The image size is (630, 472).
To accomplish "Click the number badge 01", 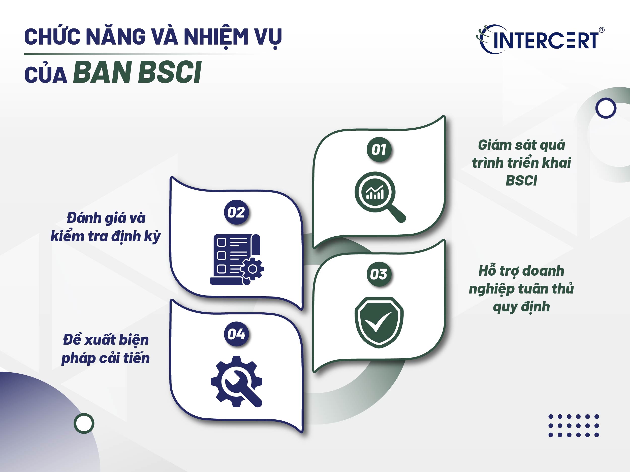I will pos(379,150).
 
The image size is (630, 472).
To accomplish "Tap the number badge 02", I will pos(236,212).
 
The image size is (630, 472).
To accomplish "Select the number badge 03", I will pos(379,274).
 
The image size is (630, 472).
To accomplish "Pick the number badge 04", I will pos(236,334).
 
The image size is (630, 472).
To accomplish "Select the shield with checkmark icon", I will pos(379,322).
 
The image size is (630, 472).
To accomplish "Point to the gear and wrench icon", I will pos(236,381).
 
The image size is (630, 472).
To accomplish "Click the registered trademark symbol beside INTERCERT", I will pos(602,30).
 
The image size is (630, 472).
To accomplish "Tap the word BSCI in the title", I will pos(170,72).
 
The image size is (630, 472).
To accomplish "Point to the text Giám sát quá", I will pos(521,145).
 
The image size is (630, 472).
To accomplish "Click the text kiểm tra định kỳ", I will pos(106,236).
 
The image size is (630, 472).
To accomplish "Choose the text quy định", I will pos(521,307).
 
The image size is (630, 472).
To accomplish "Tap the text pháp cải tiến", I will pos(106,358).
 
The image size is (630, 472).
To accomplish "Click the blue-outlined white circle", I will pos(606,108).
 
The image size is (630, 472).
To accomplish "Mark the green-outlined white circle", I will pos(84,423).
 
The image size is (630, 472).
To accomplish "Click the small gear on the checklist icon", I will pos(252,269).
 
